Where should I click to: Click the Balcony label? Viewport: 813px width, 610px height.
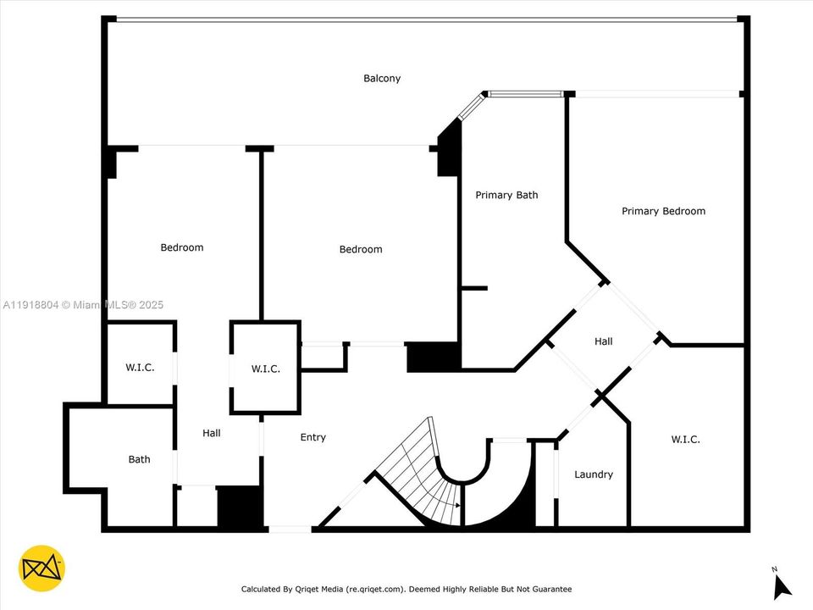tap(382, 79)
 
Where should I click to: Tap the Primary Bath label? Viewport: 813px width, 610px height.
tap(506, 196)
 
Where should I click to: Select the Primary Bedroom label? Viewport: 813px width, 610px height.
tap(663, 211)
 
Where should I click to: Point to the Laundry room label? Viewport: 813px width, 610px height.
tap(594, 474)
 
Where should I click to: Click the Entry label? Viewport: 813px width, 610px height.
tap(313, 437)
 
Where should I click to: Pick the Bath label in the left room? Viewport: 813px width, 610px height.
tap(139, 459)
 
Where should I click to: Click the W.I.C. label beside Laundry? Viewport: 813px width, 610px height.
tap(686, 439)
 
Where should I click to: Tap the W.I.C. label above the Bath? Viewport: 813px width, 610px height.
tap(140, 368)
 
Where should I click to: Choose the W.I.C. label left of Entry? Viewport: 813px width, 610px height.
tap(265, 369)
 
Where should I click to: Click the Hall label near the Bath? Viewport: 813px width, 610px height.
tap(212, 433)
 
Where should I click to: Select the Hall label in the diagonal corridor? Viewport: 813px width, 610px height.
tap(604, 341)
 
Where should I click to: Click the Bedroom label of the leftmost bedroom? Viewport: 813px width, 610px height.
tap(182, 247)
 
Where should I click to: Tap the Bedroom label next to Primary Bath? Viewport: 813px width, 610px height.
tap(361, 249)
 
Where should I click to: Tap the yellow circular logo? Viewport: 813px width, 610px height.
tap(41, 568)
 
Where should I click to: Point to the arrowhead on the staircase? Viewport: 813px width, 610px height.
tap(458, 505)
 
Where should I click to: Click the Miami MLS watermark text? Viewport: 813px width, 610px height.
tap(83, 305)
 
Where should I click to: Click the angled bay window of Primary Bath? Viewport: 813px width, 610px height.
tap(470, 108)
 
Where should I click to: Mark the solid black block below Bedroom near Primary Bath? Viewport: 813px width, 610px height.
tap(433, 357)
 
